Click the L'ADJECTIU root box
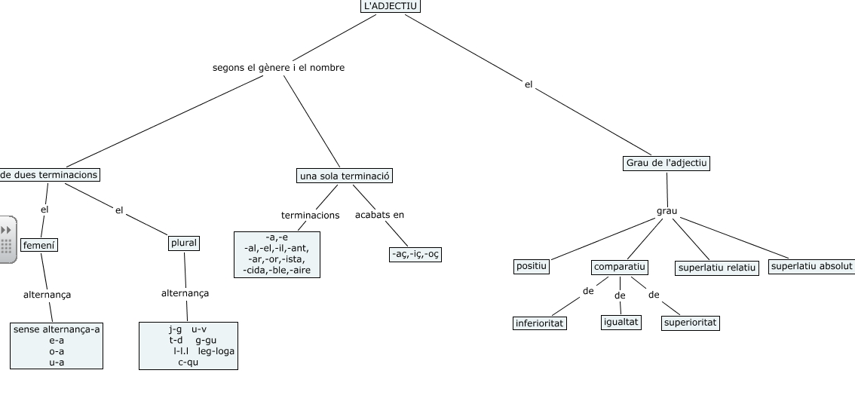point(390,6)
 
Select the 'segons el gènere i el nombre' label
point(278,68)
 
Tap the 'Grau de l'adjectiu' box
point(667,163)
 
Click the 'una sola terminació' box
point(345,176)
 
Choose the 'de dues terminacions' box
point(50,175)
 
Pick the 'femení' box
point(39,245)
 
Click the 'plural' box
point(184,243)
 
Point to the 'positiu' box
point(532,266)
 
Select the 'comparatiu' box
point(620,267)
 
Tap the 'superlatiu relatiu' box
point(717,268)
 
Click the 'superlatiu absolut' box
point(811,266)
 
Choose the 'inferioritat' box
point(540,323)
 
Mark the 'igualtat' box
point(621,322)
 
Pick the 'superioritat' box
point(690,323)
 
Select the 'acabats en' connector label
point(379,215)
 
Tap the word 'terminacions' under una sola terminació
point(310,216)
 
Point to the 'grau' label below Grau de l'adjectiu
point(667,210)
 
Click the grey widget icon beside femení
point(7,240)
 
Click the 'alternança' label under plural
point(185,293)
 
